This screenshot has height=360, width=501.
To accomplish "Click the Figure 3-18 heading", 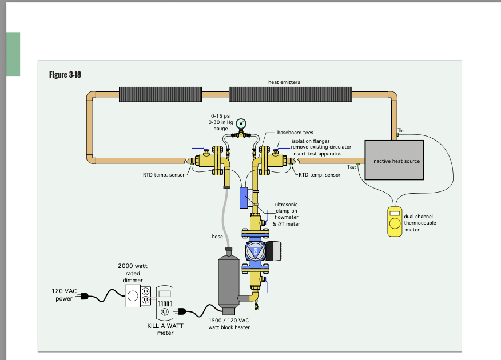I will [x=65, y=75].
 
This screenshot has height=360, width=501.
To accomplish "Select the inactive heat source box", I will [x=396, y=161].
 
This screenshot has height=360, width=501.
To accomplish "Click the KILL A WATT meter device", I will [x=164, y=301].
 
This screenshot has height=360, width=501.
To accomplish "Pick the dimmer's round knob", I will [x=132, y=296].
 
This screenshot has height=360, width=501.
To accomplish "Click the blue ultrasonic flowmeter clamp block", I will [x=244, y=197].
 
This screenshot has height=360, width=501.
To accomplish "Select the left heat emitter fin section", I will [x=161, y=94].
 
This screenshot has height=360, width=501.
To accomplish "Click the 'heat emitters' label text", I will [x=284, y=82].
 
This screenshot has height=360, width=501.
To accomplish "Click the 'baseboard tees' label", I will [x=295, y=133].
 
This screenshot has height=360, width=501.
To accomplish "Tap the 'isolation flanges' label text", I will [x=311, y=141].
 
